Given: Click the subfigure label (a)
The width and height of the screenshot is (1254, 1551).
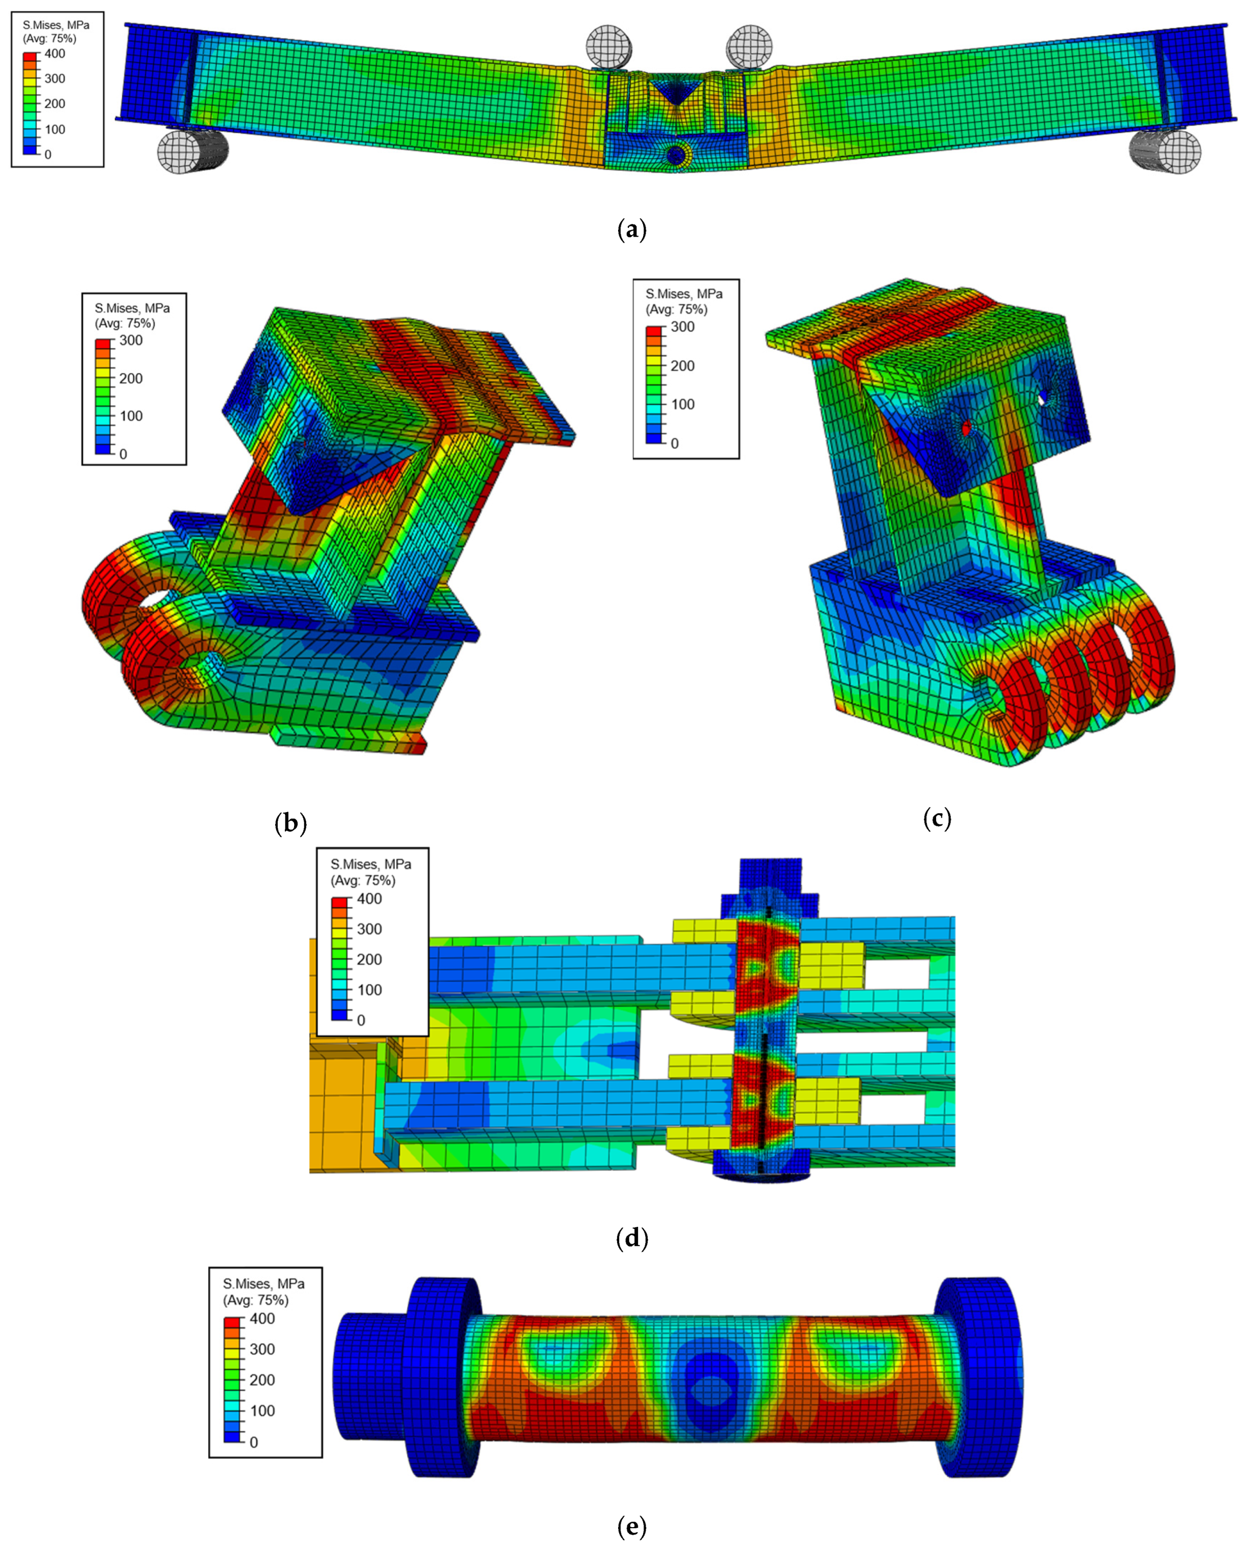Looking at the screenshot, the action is pos(632,229).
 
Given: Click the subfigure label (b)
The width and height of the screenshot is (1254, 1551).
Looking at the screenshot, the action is pos(291,823).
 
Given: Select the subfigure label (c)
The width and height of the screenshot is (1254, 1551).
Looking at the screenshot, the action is pos(937,818).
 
